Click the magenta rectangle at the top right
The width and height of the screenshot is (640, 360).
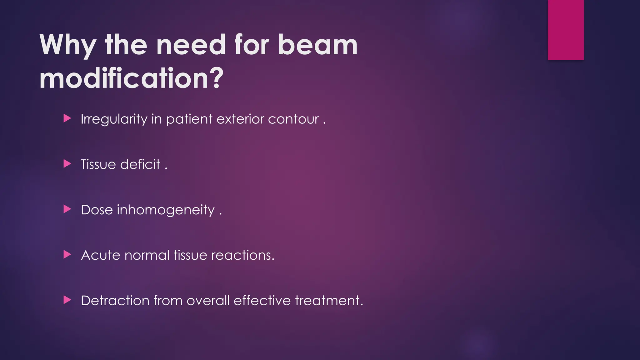(566, 30)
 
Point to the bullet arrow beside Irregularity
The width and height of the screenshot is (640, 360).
(67, 118)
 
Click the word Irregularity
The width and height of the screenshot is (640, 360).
(114, 119)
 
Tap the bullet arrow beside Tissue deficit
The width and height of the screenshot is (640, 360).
(67, 164)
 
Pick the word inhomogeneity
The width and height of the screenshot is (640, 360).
(166, 210)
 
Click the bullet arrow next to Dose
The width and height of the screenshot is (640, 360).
(67, 209)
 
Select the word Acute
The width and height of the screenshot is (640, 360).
(100, 255)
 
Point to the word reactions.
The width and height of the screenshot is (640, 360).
(242, 255)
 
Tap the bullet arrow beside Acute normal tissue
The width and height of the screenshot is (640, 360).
(67, 254)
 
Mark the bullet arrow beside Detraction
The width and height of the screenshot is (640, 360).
(67, 300)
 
